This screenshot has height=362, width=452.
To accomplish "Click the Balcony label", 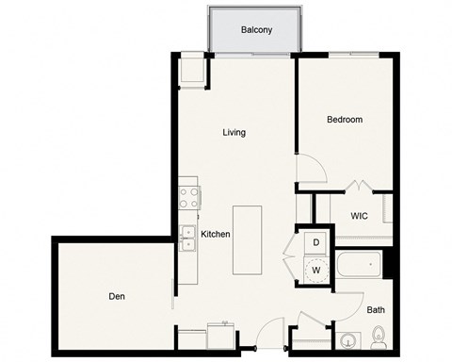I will click(257, 29).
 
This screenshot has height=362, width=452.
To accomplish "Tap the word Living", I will click(234, 132).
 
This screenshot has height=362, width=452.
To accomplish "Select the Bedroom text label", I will click(345, 120).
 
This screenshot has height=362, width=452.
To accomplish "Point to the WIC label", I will click(359, 215).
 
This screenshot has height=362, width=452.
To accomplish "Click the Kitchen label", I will click(216, 234).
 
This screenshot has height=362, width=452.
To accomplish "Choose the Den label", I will click(117, 296).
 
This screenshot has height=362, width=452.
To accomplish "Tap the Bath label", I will click(375, 309).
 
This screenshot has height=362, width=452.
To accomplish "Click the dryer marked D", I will click(316, 243).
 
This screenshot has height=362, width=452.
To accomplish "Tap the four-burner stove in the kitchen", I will click(188, 197).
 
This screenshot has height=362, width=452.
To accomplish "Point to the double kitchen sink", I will click(188, 238).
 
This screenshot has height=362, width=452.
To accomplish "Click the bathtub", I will click(359, 265).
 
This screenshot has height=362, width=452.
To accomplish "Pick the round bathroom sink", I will click(347, 340).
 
